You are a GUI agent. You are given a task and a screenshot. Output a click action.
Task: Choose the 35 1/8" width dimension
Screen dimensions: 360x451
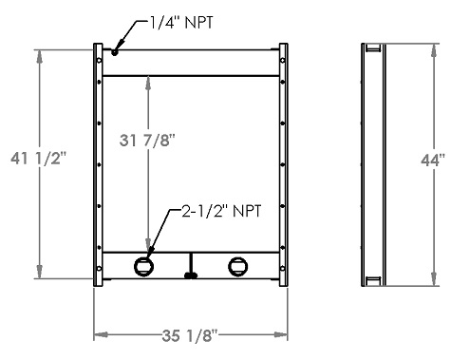click(190, 334)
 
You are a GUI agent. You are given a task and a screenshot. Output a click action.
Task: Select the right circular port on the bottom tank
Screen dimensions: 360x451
click(236, 265)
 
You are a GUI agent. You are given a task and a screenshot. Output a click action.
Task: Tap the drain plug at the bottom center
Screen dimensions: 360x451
click(191, 275)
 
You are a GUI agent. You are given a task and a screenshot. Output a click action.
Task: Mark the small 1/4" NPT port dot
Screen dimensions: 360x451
click(115, 53)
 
